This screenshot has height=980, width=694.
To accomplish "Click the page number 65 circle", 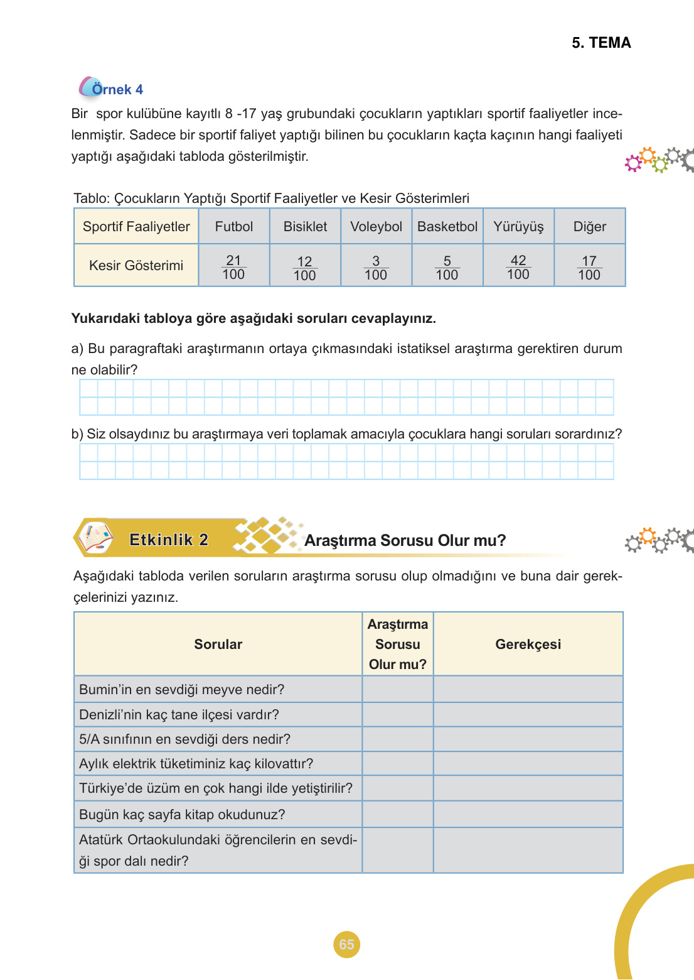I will [346, 944].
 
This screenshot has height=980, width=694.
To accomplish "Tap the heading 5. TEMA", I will [601, 43].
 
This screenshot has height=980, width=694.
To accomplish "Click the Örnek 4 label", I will [117, 89].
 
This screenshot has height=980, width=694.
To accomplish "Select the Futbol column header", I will [234, 227].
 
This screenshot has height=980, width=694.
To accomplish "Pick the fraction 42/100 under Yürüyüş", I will [518, 267].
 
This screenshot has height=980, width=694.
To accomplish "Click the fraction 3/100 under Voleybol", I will [376, 268].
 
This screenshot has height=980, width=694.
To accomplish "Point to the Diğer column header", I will [590, 227].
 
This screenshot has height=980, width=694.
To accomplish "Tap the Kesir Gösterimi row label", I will [136, 266].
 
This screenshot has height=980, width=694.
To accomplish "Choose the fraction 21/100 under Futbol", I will [233, 267].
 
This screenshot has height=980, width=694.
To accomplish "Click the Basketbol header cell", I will [447, 227].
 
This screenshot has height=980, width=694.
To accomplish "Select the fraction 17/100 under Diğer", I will [589, 268].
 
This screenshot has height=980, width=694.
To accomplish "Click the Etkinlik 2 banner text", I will [168, 540].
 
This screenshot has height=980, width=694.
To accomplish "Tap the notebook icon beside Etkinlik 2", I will [95, 538].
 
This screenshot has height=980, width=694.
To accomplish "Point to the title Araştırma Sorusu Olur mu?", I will [405, 540].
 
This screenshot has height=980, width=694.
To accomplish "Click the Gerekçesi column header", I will [528, 644].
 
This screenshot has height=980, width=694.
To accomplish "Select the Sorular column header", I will [218, 644].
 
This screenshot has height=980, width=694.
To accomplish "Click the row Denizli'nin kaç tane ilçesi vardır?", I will [179, 715].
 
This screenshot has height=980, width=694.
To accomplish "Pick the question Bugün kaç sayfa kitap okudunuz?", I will [182, 815].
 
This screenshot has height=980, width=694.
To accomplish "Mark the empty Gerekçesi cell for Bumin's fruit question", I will [528, 690].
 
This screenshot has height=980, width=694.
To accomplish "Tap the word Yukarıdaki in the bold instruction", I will [105, 318].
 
